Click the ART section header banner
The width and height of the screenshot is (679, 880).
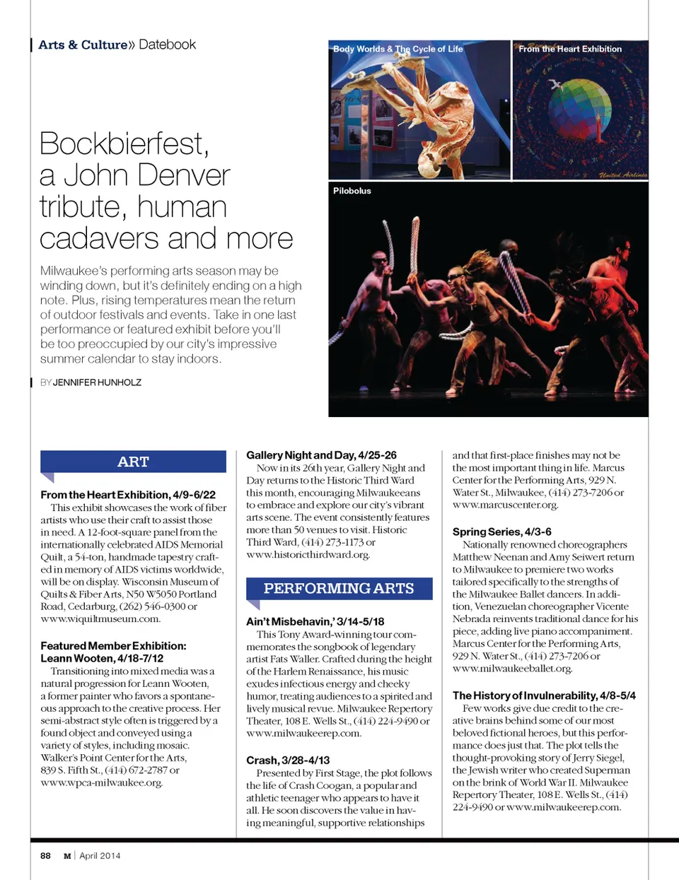click(x=133, y=462)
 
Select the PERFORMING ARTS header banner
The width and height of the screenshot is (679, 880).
click(x=339, y=588)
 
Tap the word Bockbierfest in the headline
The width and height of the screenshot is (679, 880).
click(x=124, y=143)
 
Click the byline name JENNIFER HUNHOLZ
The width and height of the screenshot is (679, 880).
click(x=97, y=382)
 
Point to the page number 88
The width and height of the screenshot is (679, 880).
click(x=45, y=855)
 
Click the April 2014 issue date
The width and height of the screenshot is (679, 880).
click(x=100, y=855)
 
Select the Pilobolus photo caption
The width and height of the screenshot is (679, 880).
click(x=352, y=191)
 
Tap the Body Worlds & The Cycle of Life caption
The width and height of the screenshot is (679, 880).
click(x=398, y=49)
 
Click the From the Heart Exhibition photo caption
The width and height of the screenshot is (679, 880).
click(x=570, y=49)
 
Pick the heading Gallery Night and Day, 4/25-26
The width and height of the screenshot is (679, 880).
click(x=321, y=455)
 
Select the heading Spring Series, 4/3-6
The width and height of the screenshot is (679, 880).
click(x=501, y=532)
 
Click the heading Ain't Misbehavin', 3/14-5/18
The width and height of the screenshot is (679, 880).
click(x=315, y=621)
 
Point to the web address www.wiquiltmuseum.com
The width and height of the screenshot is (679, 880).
click(x=100, y=618)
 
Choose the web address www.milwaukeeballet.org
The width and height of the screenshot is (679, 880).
click(x=512, y=668)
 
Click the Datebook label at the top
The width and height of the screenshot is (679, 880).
click(x=168, y=45)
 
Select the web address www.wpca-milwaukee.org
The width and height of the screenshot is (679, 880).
click(x=101, y=782)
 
